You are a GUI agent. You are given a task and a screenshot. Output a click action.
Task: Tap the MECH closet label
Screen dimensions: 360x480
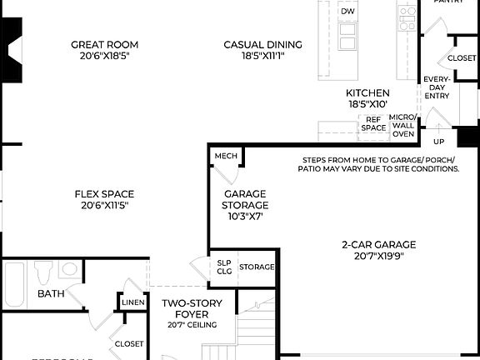(226, 156)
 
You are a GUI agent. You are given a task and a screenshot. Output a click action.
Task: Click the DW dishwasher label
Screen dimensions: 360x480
(347, 12)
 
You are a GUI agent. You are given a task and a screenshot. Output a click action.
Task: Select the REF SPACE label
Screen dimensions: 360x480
(373, 123)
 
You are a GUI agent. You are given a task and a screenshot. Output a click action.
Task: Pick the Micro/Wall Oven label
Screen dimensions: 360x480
(403, 125)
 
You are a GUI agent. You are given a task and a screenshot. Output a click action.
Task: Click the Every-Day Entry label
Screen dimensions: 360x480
(437, 87)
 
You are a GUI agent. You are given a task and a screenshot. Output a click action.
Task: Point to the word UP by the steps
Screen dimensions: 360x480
(437, 142)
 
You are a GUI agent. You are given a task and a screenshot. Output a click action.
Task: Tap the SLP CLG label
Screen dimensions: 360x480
(223, 267)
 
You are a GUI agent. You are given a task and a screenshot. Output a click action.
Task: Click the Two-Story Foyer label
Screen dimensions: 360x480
(191, 308)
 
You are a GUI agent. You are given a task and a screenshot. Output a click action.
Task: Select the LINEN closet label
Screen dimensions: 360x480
(134, 302)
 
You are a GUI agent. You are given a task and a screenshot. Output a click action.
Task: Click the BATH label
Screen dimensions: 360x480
(51, 293)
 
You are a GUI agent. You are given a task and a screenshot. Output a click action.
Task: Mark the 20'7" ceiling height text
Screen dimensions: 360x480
(192, 325)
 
